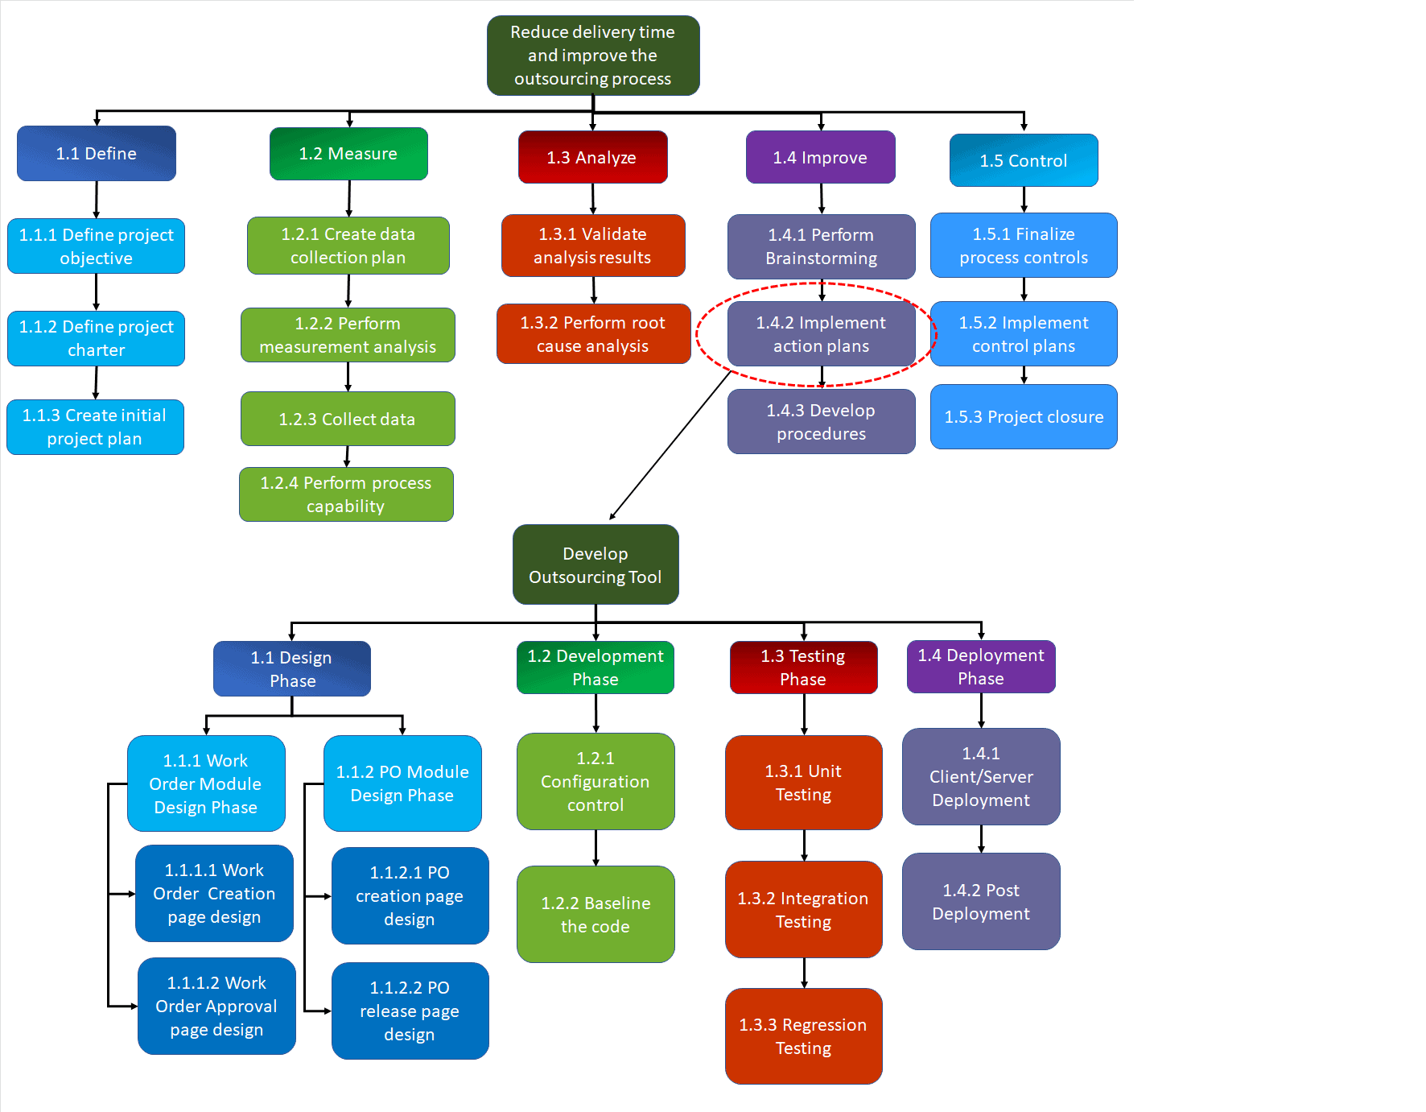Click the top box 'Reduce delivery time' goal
(593, 56)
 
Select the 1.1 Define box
(97, 153)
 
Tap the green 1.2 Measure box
(348, 154)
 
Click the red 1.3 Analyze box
(593, 157)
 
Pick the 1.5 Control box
(1024, 160)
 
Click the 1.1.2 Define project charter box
(97, 338)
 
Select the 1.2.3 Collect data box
(348, 419)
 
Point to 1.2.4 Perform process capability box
(346, 494)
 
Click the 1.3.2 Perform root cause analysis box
(593, 334)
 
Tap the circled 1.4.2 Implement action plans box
(821, 334)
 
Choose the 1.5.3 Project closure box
(1024, 416)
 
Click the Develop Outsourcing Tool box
(596, 564)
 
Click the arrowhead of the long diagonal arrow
(612, 517)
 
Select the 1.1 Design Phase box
(292, 668)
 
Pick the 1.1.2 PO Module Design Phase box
(402, 783)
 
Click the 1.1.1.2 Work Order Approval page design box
(216, 1006)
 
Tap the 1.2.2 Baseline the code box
(596, 914)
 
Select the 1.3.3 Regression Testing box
(803, 1036)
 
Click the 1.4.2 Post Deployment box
(981, 901)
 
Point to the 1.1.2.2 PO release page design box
(410, 1011)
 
